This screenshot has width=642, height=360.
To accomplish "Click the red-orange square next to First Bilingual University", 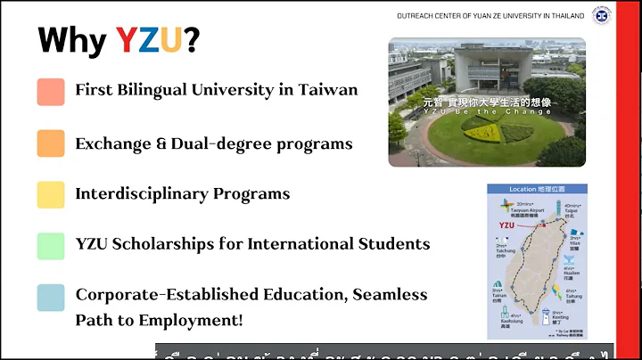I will pos(51,92).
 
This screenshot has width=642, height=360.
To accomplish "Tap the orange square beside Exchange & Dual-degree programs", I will pos(51,143).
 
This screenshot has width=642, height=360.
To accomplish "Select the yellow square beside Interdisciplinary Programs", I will pos(51,194).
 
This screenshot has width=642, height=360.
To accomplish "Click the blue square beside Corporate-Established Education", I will pos(51,297).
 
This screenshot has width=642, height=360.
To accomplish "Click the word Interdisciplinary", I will pos(133,193).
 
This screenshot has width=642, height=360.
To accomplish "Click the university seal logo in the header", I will pos(603,15).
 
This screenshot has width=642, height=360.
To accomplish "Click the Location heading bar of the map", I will pos(536,190).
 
